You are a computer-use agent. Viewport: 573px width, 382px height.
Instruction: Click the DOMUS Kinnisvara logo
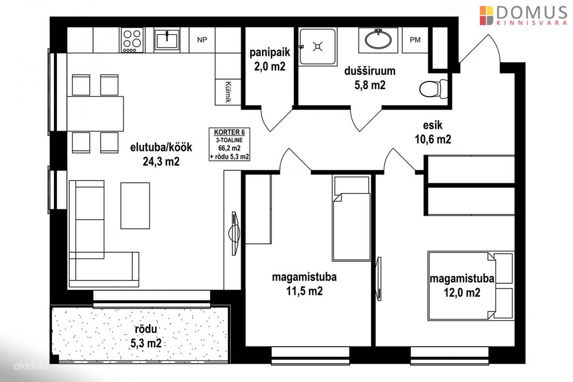[x=524, y=15]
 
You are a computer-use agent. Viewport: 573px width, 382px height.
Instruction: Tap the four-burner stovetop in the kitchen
[x=132, y=41]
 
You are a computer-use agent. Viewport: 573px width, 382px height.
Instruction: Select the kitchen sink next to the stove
[x=167, y=40]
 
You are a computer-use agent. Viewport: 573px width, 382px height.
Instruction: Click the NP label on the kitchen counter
[x=202, y=40]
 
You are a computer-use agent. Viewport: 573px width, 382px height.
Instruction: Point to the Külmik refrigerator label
[x=228, y=92]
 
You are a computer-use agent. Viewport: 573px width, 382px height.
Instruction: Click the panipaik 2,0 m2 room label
[x=270, y=59]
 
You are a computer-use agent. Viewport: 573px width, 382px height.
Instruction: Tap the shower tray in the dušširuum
[x=317, y=47]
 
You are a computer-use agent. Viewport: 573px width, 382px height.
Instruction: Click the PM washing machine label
[x=415, y=40]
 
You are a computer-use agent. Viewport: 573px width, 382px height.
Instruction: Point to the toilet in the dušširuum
[x=433, y=89]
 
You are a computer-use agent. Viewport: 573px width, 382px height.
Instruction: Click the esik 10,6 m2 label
[x=433, y=132]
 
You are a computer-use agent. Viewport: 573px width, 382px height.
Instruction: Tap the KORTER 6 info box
[x=229, y=144]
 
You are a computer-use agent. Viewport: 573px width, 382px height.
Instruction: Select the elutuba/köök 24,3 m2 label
[x=161, y=154]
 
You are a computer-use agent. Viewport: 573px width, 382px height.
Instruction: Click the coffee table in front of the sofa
[x=135, y=206]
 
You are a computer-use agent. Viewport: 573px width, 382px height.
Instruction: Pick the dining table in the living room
[x=96, y=114]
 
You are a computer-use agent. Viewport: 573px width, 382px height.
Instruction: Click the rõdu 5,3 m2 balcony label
[x=146, y=336]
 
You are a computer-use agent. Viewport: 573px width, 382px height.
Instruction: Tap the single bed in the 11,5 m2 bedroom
[x=352, y=218]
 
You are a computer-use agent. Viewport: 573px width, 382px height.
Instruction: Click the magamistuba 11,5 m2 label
[x=304, y=284]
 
